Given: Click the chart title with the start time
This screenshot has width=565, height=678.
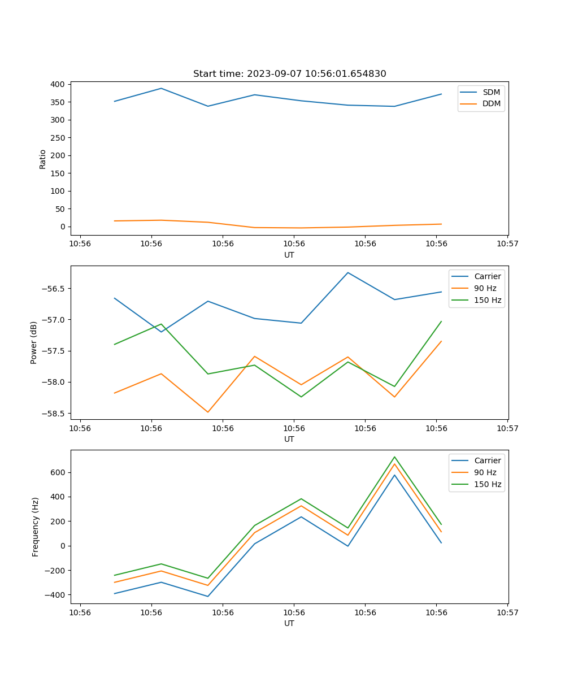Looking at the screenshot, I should pyautogui.click(x=289, y=74).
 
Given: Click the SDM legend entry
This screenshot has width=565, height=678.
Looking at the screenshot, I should pyautogui.click(x=491, y=92).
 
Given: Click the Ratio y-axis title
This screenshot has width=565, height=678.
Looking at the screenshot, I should pyautogui.click(x=43, y=159).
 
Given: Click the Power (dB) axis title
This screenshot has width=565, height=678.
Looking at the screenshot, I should pyautogui.click(x=34, y=342).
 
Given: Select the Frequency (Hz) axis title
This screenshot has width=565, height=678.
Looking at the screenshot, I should pyautogui.click(x=35, y=527).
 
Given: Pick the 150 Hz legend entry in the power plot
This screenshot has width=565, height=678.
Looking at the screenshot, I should pyautogui.click(x=488, y=300).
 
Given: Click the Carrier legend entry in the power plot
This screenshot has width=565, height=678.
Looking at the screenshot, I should pyautogui.click(x=488, y=276).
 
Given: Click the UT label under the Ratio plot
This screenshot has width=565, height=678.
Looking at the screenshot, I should pyautogui.click(x=289, y=255).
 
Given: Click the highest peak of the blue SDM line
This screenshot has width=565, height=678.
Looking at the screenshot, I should pyautogui.click(x=161, y=88).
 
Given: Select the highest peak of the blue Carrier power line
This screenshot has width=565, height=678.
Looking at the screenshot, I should pyautogui.click(x=347, y=272).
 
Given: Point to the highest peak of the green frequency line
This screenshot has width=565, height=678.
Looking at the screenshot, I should pyautogui.click(x=394, y=457).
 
